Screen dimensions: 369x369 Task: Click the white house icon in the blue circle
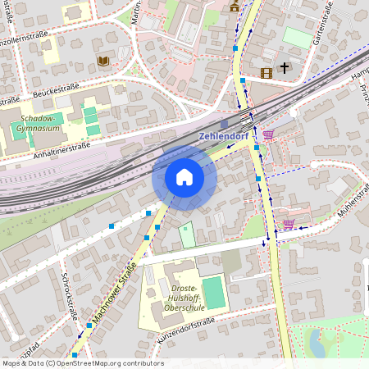click(184, 177)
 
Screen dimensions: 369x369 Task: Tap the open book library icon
click(103, 61)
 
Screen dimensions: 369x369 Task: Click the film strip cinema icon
click(265, 72)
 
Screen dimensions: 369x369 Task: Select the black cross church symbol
click(285, 68)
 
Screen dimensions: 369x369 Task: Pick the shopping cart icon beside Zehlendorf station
click(268, 134)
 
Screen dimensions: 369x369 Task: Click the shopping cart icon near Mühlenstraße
click(289, 223)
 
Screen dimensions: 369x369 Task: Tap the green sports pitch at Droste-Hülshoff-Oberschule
click(213, 293)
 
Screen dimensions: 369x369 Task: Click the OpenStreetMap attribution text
click(82, 363)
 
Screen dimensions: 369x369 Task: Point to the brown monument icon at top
click(235, 5)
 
